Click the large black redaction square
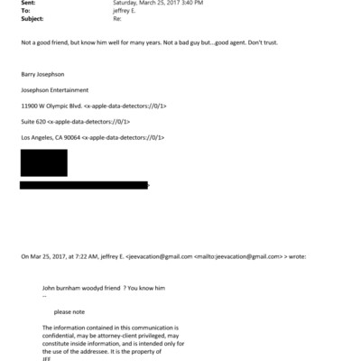(x=43, y=162)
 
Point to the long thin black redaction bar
(x=84, y=186)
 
